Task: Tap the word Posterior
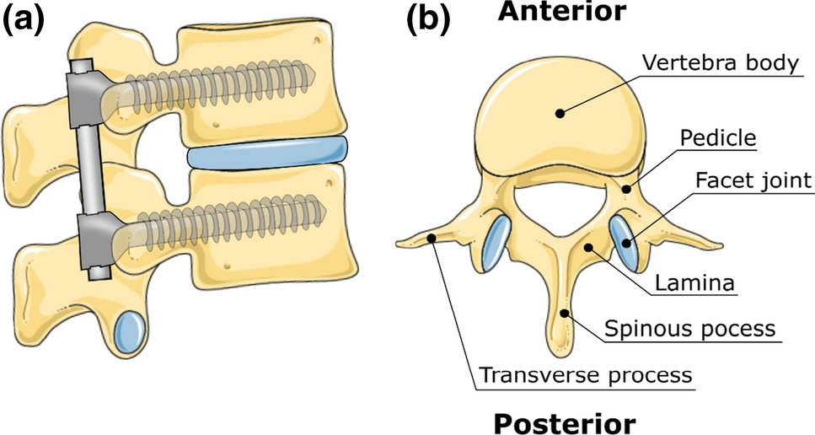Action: pyautogui.click(x=564, y=422)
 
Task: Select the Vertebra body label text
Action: pyautogui.click(x=721, y=63)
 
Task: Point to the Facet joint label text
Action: pyautogui.click(x=753, y=179)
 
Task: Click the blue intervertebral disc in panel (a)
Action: pyautogui.click(x=266, y=153)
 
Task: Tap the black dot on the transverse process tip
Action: pyautogui.click(x=432, y=238)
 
